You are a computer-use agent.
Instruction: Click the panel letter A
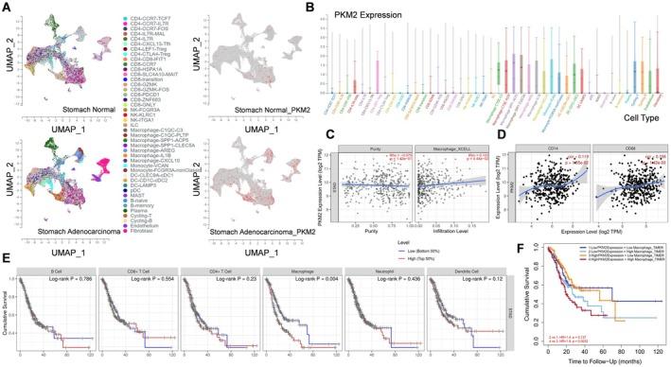coord(6,7)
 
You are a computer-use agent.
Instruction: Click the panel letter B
coord(306,7)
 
